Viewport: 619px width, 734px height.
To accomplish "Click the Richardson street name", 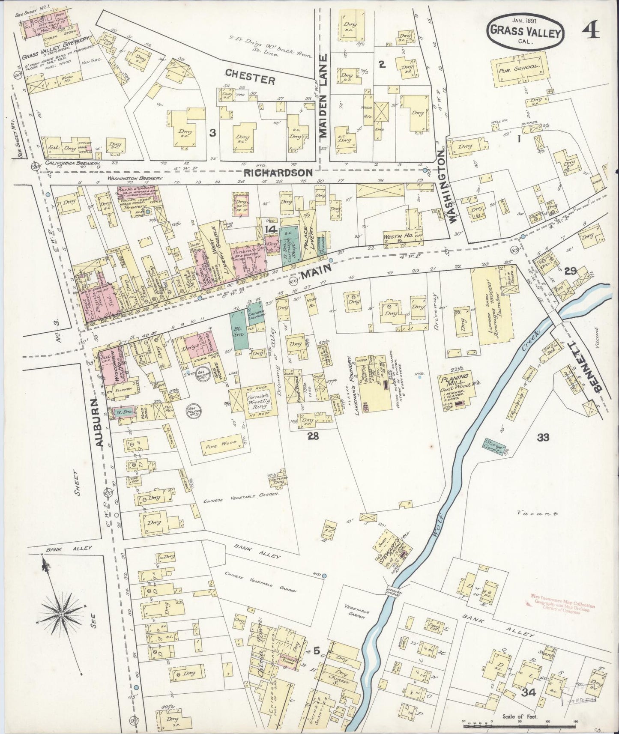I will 278,173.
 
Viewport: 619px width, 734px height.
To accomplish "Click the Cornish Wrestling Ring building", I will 254,400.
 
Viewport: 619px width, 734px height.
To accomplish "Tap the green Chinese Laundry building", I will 255,312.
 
